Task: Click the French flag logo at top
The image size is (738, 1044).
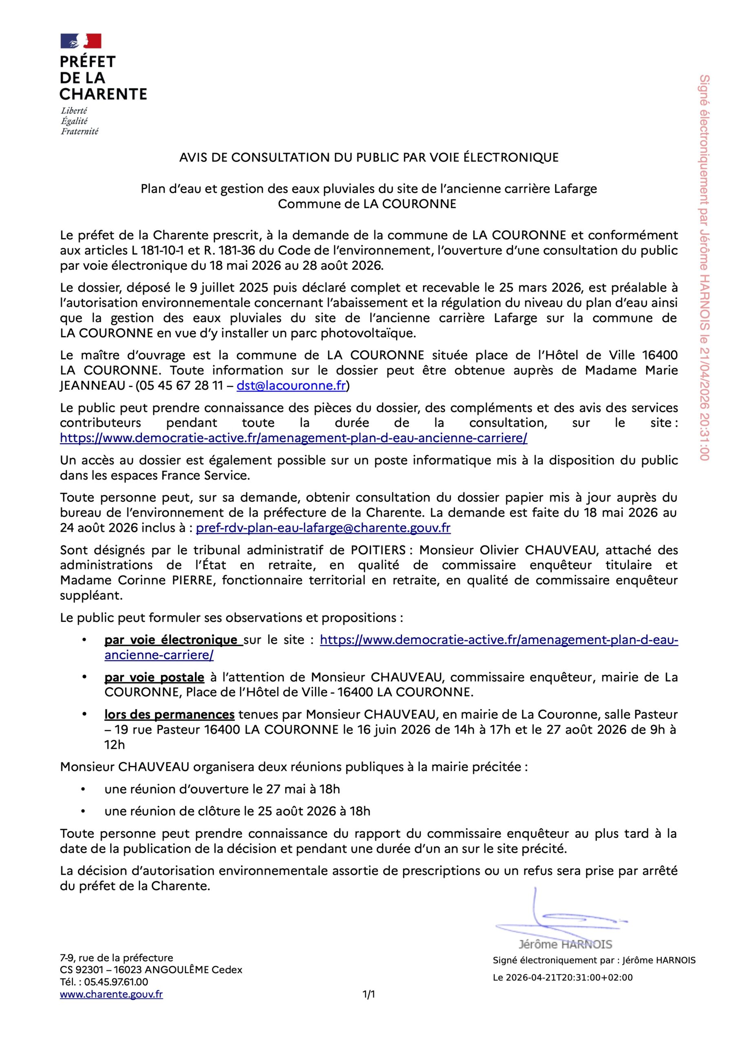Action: coord(81,41)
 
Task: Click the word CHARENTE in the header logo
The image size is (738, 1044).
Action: coord(103,94)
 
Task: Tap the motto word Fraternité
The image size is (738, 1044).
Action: coord(80,131)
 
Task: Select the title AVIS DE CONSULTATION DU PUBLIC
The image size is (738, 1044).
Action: coord(368,157)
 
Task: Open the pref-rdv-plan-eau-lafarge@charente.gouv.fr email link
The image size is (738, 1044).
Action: coord(323,528)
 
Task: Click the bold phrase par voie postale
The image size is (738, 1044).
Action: coord(154,677)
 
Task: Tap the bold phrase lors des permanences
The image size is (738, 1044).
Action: coord(169,714)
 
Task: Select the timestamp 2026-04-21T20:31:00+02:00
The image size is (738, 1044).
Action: coord(569,978)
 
